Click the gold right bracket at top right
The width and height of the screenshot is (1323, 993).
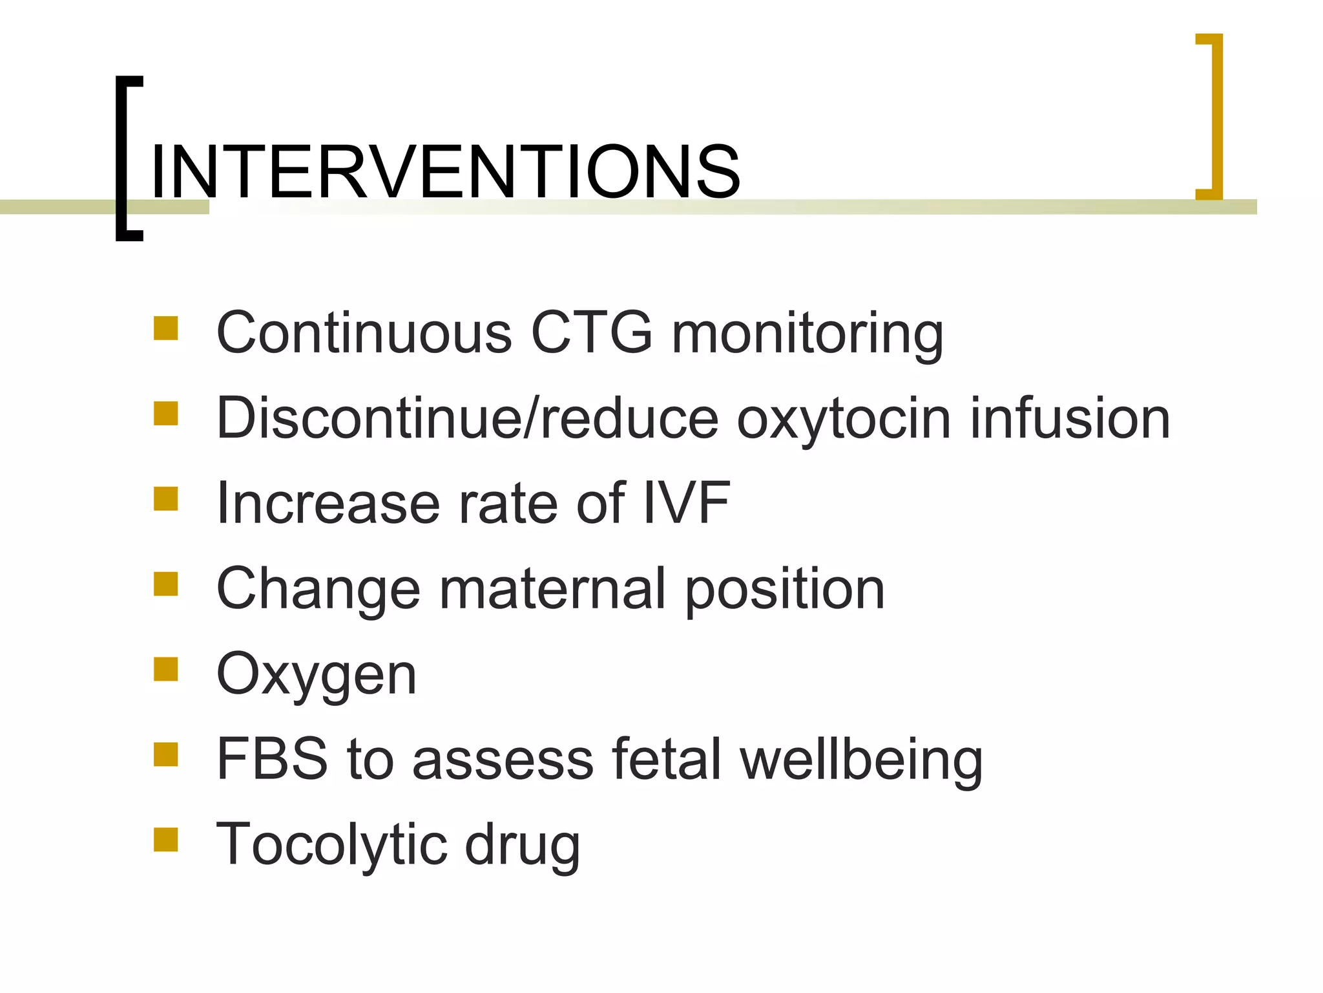pyautogui.click(x=1214, y=116)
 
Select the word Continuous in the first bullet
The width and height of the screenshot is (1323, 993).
pyautogui.click(x=364, y=333)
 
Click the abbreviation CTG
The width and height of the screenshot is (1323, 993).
pyautogui.click(x=592, y=333)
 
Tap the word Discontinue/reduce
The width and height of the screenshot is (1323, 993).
pyautogui.click(x=467, y=419)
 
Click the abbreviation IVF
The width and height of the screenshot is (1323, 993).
pyautogui.click(x=687, y=504)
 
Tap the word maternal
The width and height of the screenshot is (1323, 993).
pyautogui.click(x=552, y=589)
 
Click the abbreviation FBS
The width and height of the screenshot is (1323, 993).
pyautogui.click(x=272, y=759)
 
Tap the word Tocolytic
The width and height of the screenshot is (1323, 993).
pyautogui.click(x=331, y=846)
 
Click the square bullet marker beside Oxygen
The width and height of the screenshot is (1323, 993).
pyautogui.click(x=166, y=670)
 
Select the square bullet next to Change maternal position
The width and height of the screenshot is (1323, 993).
pyautogui.click(x=166, y=584)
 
